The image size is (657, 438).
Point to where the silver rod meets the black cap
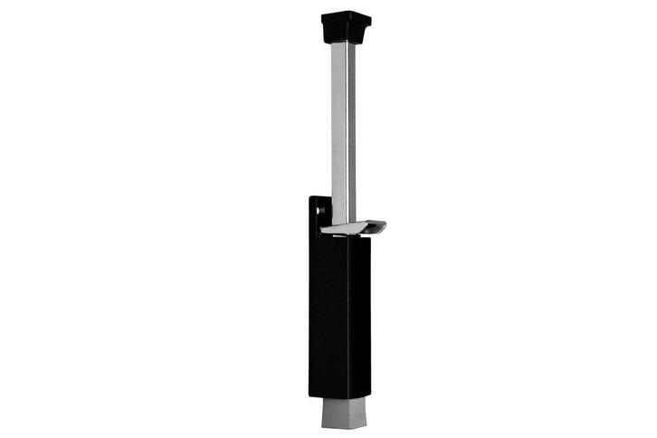344,42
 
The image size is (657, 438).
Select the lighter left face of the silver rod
338,127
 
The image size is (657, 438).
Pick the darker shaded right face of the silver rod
349,127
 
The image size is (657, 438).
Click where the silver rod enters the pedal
343,223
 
